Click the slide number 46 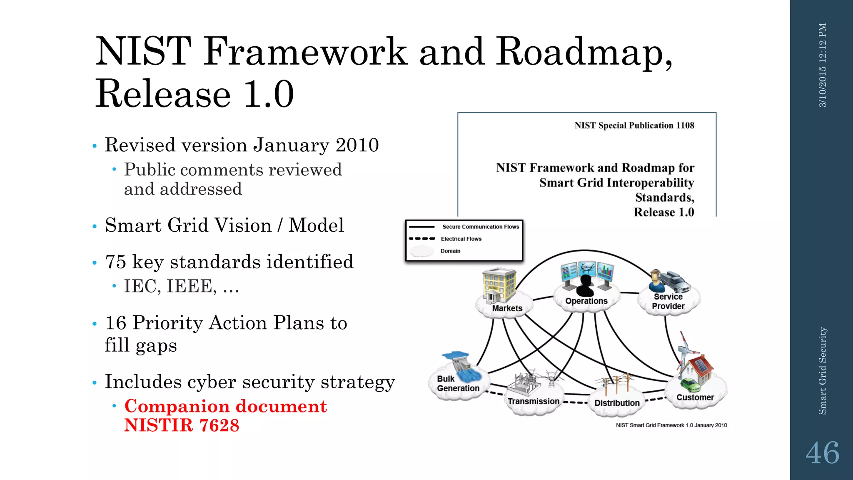[822, 453]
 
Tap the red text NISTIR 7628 [182, 425]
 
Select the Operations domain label [586, 301]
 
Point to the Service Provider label [668, 301]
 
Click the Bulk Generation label [458, 383]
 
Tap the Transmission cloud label [533, 401]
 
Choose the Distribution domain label [617, 403]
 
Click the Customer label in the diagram [695, 397]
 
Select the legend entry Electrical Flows [461, 239]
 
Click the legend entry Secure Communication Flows [480, 227]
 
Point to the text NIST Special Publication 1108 [634, 125]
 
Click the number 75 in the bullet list [115, 262]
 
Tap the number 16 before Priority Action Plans [115, 323]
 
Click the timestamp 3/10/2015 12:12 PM [823, 65]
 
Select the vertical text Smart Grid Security [823, 371]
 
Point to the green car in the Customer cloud [690, 385]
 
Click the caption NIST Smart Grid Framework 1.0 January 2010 [671, 425]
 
